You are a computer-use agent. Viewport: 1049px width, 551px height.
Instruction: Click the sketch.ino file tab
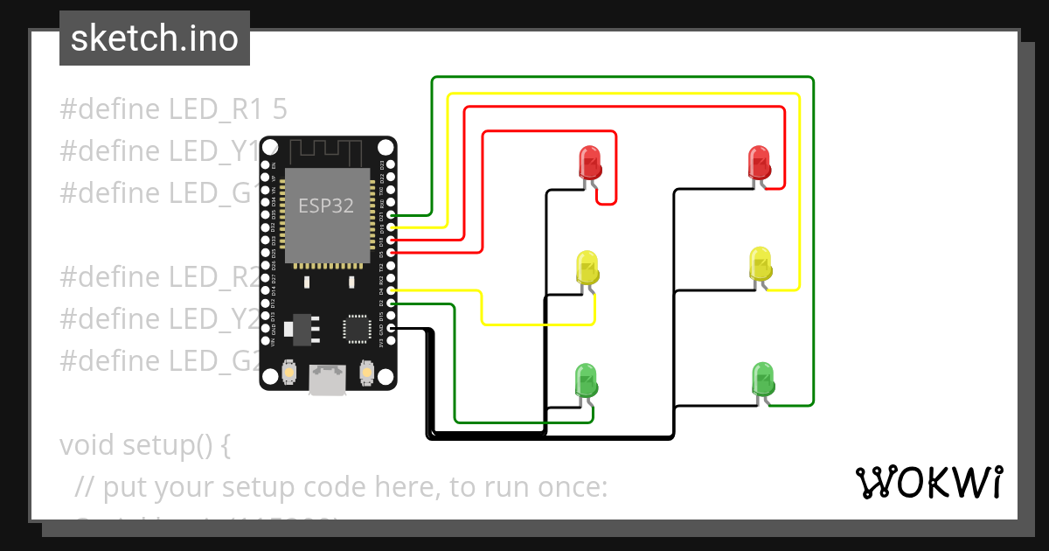(x=155, y=38)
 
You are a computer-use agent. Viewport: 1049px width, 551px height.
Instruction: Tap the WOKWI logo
(x=928, y=482)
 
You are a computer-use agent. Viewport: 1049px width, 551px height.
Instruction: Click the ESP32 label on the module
(x=326, y=206)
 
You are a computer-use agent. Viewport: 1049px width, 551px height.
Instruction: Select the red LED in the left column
(x=590, y=162)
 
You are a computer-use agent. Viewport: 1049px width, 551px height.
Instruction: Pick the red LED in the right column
(x=758, y=162)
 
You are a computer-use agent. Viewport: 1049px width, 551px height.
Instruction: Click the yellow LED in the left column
(x=587, y=267)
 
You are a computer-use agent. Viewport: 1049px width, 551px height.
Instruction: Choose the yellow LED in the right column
(x=760, y=264)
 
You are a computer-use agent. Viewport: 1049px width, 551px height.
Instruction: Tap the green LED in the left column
(x=585, y=380)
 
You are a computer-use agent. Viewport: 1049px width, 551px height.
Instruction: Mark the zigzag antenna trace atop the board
(x=329, y=152)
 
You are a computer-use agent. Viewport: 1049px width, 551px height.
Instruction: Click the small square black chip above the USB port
(x=357, y=328)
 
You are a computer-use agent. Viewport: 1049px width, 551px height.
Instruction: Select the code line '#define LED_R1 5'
(x=173, y=109)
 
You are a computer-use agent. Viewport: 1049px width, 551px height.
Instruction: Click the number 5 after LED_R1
(x=280, y=109)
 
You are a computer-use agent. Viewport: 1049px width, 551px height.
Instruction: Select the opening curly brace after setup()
(x=225, y=446)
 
